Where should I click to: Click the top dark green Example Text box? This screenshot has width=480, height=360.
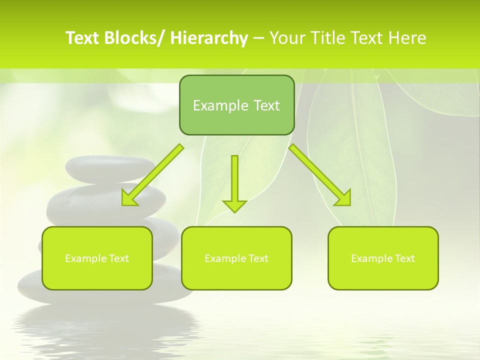[x=236, y=105]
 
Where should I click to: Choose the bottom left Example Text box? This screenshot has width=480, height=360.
[x=97, y=258]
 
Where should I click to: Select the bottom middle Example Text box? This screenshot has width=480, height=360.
[x=236, y=258]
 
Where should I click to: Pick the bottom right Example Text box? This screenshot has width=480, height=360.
[x=383, y=258]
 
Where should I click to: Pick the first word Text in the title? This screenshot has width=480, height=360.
[x=83, y=38]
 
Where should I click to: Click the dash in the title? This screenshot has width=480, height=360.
[x=258, y=38]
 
